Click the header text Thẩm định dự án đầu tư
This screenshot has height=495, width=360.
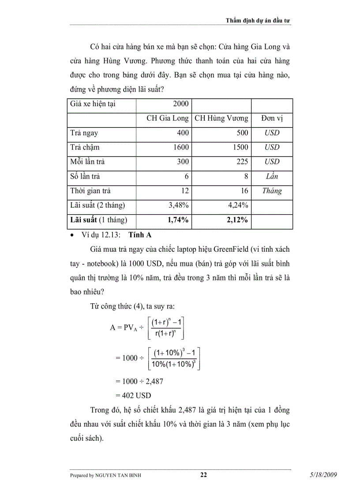tap(258, 20)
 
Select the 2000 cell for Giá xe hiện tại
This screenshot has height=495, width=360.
tap(181, 104)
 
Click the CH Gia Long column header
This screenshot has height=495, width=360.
tap(168, 119)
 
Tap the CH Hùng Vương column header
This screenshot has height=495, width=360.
tap(221, 119)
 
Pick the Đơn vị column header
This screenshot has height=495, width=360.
tap(271, 119)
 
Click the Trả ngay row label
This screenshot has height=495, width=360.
tap(84, 133)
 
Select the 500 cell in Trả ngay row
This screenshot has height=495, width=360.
tap(242, 133)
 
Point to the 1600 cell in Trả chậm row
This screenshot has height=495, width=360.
tap(181, 148)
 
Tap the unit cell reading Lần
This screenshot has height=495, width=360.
tap(272, 177)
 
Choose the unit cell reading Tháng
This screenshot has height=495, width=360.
tap(272, 191)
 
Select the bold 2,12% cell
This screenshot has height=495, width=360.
tap(237, 220)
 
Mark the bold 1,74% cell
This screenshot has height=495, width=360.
tap(178, 220)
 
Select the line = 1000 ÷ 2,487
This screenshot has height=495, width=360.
tap(139, 381)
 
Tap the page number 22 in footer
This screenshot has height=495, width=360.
tap(203, 475)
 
